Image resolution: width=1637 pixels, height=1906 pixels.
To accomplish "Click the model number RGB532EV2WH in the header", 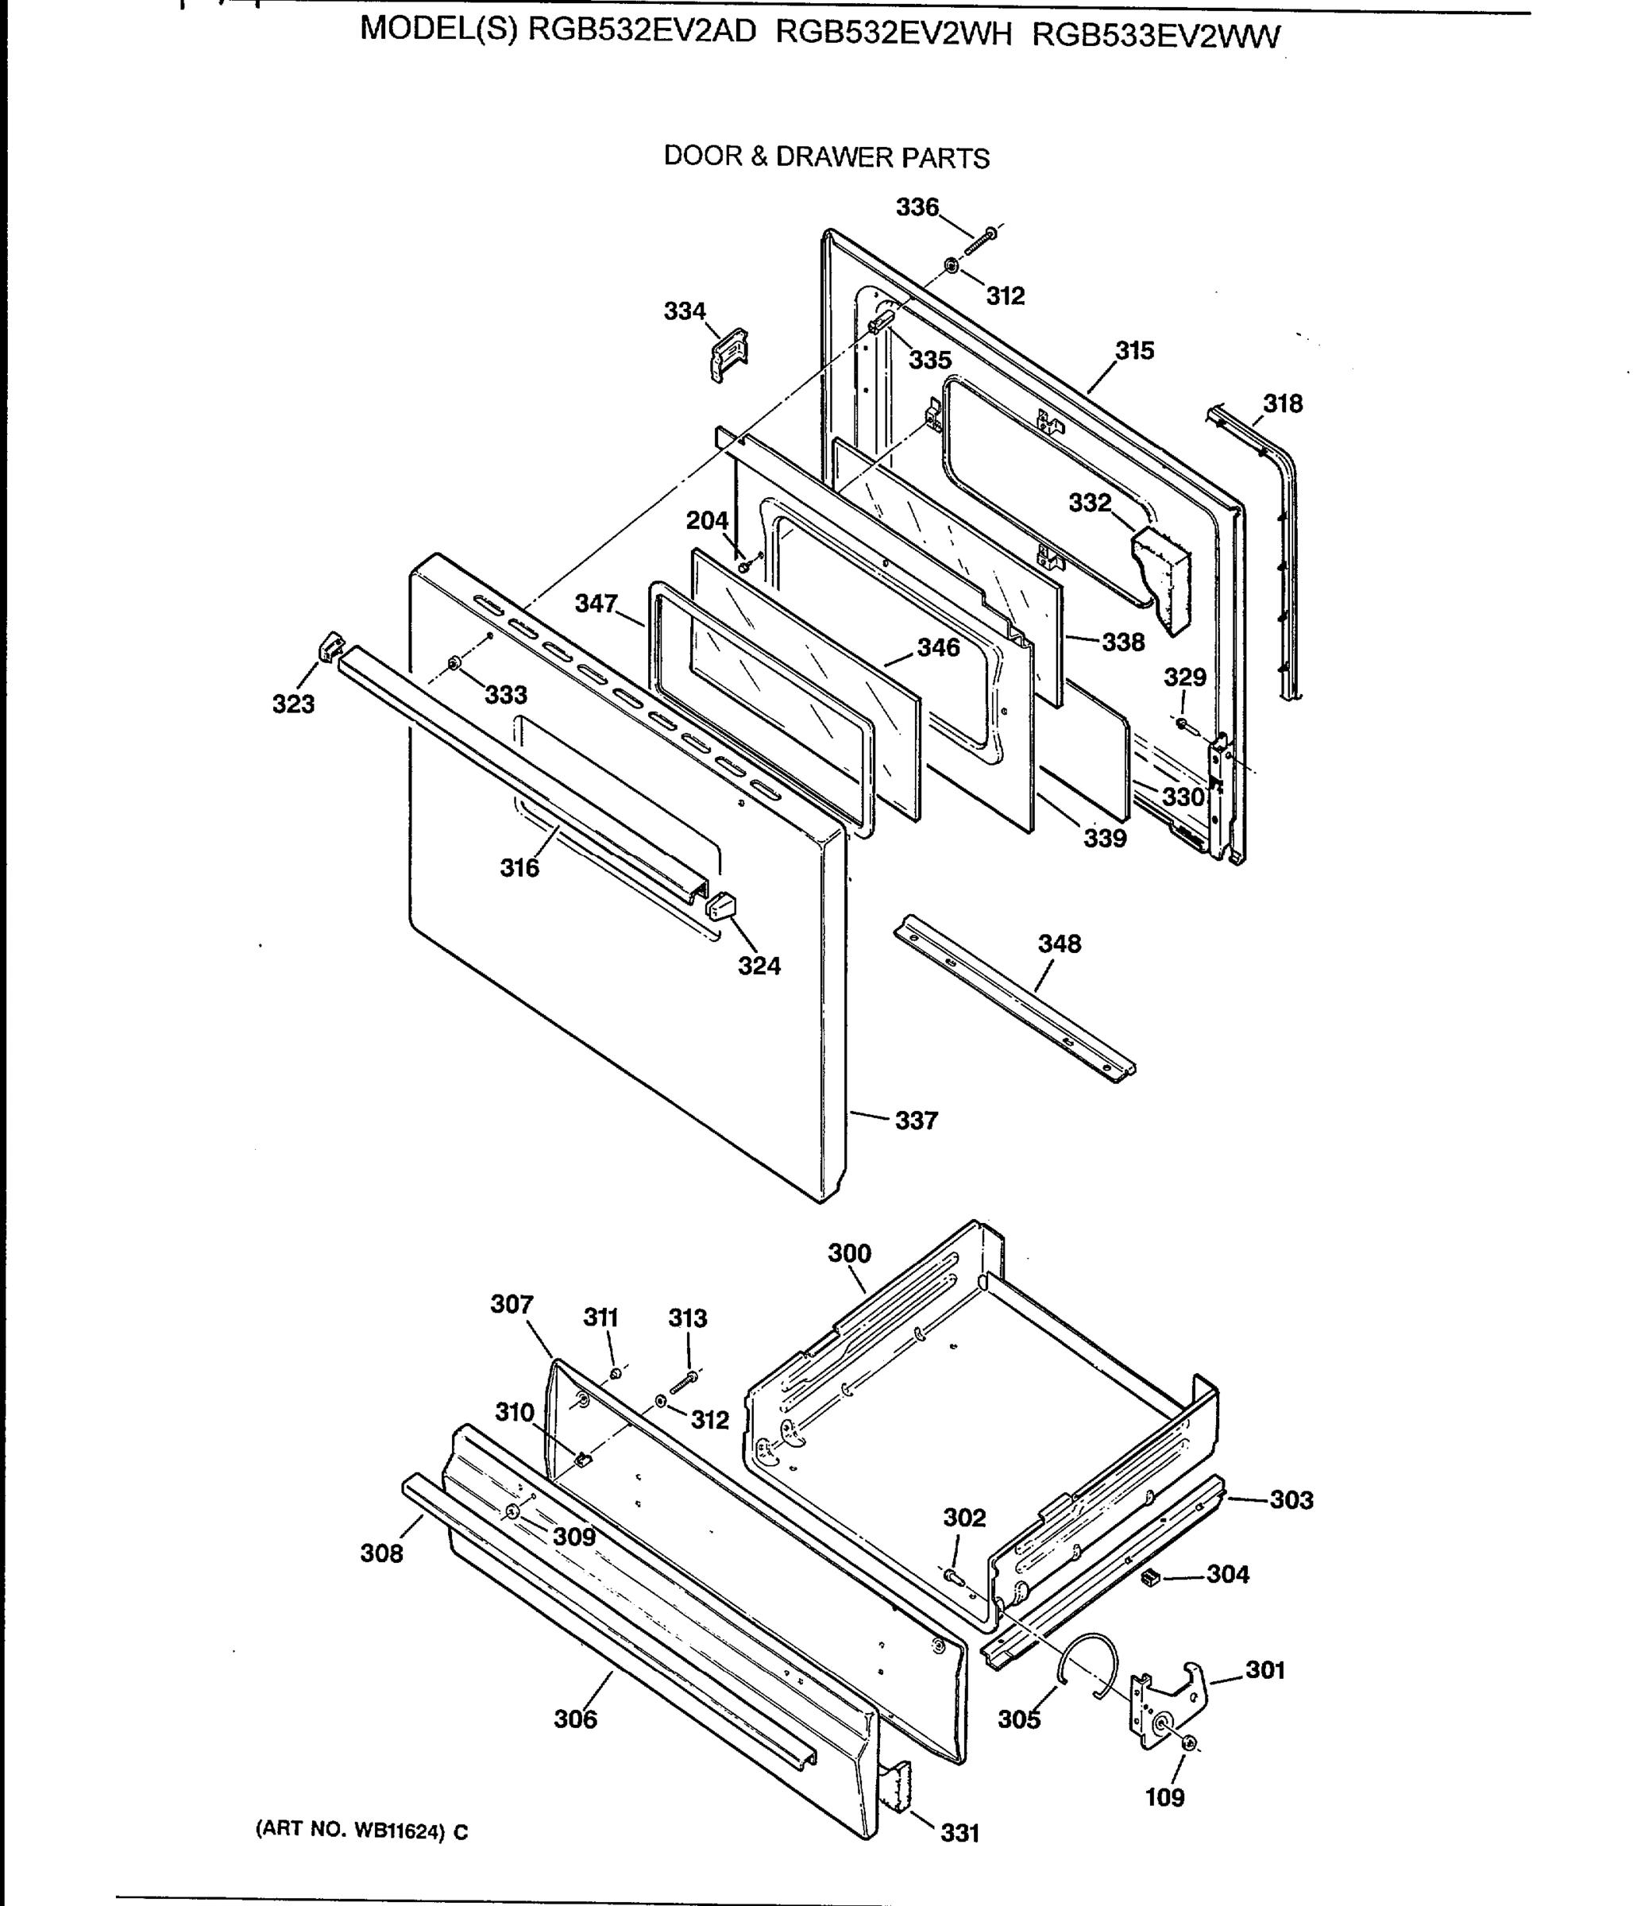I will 893,34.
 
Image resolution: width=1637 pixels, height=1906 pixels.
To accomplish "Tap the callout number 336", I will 917,207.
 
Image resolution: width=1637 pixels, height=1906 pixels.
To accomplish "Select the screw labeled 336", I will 982,237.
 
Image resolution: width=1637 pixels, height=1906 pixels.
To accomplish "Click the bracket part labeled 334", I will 729,354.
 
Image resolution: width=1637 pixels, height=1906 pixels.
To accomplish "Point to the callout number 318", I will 1282,403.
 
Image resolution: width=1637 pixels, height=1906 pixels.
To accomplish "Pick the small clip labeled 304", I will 1148,1579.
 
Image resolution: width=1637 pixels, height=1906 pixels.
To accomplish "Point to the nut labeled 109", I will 1188,1742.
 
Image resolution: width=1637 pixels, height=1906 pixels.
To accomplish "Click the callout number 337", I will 917,1121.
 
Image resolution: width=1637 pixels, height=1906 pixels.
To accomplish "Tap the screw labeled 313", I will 684,1379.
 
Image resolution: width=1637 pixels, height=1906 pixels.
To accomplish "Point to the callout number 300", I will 848,1253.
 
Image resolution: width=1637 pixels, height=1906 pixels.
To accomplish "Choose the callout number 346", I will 938,647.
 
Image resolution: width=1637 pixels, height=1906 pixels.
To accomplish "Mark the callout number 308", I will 381,1553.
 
